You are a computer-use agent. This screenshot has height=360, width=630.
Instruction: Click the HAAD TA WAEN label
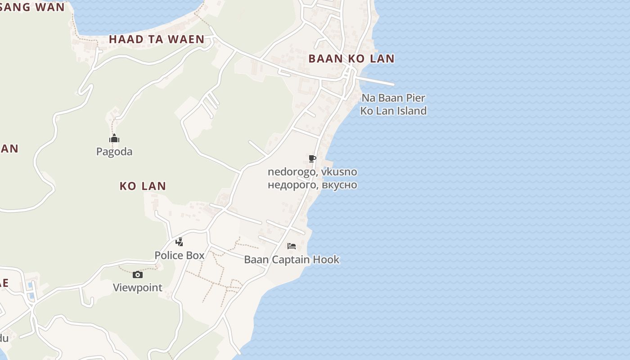coord(157,40)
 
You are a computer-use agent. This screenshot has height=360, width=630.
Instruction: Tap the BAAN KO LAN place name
coord(351,58)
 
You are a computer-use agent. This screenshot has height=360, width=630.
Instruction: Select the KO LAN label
coord(143,186)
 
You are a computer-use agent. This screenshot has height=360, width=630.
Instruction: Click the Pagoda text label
coord(114,152)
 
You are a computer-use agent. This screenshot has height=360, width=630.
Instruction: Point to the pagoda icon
coord(114,138)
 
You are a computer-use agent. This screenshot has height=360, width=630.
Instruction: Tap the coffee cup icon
coord(312,158)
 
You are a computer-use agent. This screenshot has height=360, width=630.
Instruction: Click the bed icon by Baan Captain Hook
coord(292,246)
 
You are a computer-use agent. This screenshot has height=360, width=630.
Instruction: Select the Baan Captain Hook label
coord(292,260)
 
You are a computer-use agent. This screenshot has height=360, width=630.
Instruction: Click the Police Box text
coord(180,256)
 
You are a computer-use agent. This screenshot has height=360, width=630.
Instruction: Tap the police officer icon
coord(179,242)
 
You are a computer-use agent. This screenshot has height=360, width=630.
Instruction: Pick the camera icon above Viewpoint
coord(138,274)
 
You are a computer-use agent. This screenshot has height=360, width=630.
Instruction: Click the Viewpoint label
coord(138,288)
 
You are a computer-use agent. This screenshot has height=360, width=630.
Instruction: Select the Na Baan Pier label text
coord(393,98)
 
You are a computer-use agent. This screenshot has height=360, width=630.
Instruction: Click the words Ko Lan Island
coord(393,111)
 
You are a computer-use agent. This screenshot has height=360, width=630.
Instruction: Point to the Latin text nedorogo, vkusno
coord(312,172)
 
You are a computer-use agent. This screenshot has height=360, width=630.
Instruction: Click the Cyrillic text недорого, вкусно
coord(312,185)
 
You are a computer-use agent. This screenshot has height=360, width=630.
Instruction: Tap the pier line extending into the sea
coord(376,81)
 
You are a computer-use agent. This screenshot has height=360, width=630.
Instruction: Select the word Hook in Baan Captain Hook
coord(326,260)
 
